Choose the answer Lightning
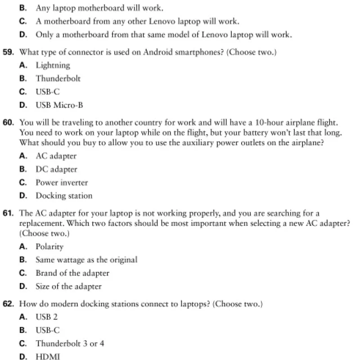click(x=53, y=65)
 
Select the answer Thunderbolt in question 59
click(x=58, y=79)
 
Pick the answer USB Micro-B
click(x=59, y=105)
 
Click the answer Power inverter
click(x=62, y=183)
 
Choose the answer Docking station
click(x=64, y=196)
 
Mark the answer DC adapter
click(x=56, y=170)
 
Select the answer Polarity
click(x=49, y=247)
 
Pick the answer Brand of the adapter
click(x=72, y=273)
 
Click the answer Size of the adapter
click(x=68, y=286)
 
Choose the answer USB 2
click(x=47, y=317)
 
